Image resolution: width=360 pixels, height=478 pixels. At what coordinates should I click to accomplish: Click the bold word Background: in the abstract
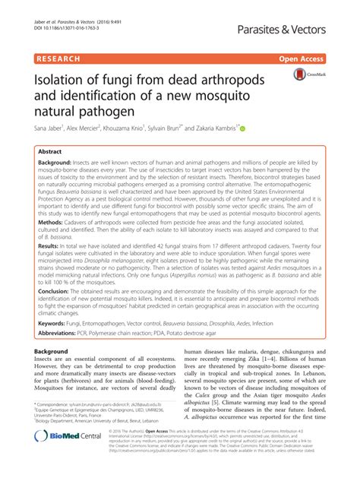(61, 164)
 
